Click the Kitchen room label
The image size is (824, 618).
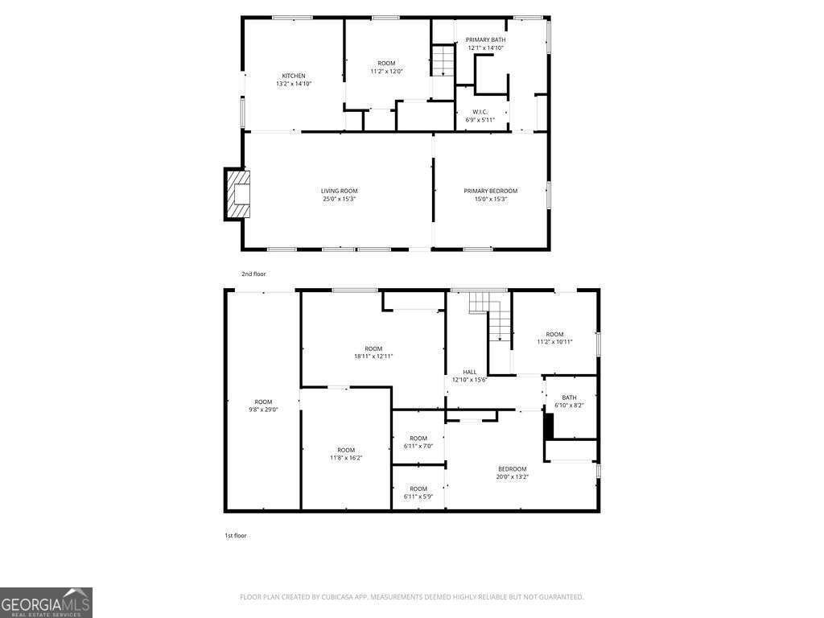[x=293, y=76]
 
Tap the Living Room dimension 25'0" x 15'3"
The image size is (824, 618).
[x=339, y=199]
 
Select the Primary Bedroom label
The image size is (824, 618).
[x=490, y=191]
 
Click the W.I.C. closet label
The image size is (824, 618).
[x=480, y=112]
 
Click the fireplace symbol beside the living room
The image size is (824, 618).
[x=238, y=194]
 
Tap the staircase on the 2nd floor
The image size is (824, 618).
[x=442, y=61]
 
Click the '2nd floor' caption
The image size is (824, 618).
[x=253, y=274]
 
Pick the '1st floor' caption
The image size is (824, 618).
[x=236, y=535]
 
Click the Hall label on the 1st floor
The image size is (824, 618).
[x=469, y=372]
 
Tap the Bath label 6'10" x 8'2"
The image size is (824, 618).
[x=569, y=398]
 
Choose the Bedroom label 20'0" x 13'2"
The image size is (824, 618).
[x=512, y=469]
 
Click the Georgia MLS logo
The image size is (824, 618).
[x=46, y=602]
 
